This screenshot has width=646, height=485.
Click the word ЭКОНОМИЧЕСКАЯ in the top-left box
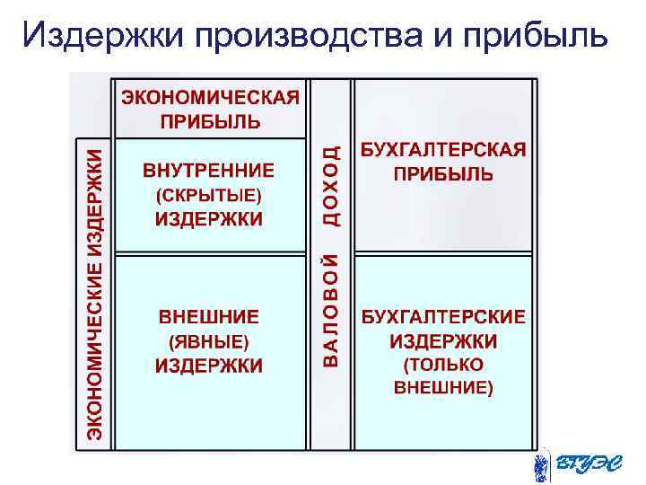[x=209, y=98]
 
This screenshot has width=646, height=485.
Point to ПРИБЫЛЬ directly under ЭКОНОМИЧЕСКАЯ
[x=209, y=120]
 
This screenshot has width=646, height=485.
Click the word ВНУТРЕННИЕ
[x=208, y=171]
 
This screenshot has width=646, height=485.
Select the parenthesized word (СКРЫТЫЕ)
[x=208, y=195]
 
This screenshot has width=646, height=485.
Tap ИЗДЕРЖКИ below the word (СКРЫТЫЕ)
[x=208, y=220]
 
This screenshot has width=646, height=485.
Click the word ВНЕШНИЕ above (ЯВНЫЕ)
[x=208, y=317]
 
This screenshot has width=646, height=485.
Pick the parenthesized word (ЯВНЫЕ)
[x=208, y=341]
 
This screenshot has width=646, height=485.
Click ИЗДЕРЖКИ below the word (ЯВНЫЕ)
[x=208, y=366]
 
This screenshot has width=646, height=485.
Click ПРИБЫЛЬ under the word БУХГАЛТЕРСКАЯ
[x=443, y=174]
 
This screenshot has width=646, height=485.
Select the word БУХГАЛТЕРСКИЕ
[x=443, y=317]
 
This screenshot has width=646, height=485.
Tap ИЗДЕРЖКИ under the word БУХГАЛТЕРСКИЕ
[x=443, y=341]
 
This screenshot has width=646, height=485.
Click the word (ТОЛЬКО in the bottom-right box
[x=443, y=365]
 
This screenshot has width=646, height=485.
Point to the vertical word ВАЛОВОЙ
[x=330, y=310]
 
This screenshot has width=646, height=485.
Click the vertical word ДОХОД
[x=330, y=185]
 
